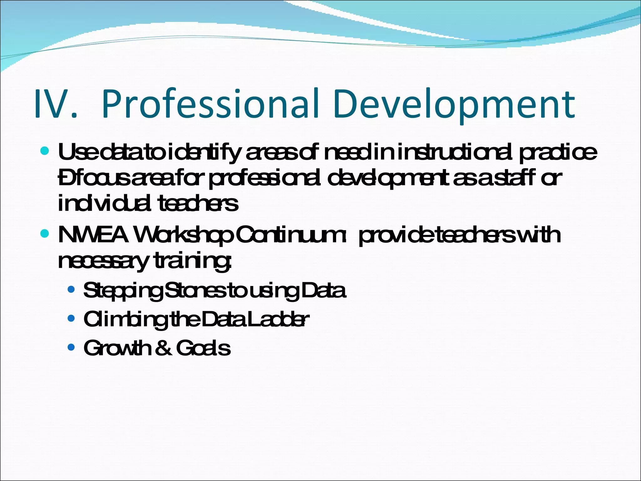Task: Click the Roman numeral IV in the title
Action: click(x=55, y=104)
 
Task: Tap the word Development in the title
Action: click(x=454, y=105)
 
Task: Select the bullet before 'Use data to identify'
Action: click(x=45, y=151)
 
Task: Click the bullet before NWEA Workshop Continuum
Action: click(x=45, y=234)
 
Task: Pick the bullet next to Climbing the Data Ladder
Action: click(x=71, y=318)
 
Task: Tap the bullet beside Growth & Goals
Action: click(x=71, y=347)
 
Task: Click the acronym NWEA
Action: click(x=93, y=235)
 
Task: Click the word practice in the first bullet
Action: click(x=558, y=153)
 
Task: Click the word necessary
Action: click(x=103, y=261)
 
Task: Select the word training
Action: click(x=193, y=261)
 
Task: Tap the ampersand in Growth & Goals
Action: click(x=163, y=348)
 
